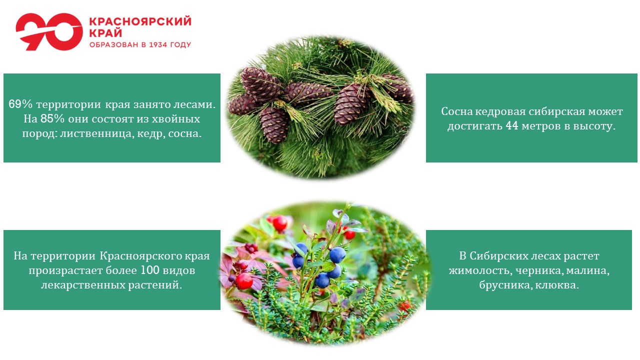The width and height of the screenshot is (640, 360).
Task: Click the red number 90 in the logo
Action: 49,31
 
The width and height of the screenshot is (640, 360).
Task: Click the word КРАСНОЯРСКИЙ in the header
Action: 140,21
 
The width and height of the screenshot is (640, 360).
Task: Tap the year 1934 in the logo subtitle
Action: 158,44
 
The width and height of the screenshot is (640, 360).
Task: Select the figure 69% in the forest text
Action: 20,104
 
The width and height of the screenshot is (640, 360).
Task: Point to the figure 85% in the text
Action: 52,118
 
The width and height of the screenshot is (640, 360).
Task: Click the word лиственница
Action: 96,133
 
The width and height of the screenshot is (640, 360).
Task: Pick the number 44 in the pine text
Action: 511,125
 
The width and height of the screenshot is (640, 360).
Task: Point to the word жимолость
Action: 479,270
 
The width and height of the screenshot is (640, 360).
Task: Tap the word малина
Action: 588,270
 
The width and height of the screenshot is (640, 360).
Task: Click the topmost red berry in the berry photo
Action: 279,223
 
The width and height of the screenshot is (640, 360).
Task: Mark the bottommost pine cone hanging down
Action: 274,125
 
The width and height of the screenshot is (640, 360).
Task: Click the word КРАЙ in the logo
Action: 105,33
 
